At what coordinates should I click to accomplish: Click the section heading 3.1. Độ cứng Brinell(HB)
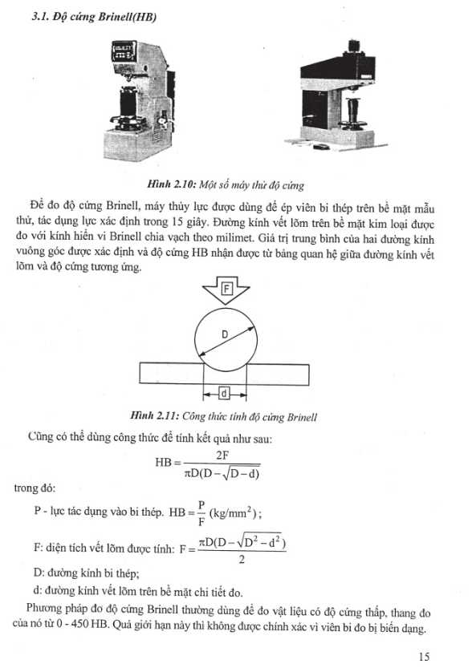(x=94, y=18)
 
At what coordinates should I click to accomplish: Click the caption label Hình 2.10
(x=171, y=185)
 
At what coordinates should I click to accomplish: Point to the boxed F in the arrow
(x=226, y=289)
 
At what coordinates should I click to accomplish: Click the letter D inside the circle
(x=225, y=335)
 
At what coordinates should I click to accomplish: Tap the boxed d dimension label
(x=224, y=394)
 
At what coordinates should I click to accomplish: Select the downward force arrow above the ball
(x=226, y=290)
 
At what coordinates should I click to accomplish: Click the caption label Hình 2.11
(x=154, y=416)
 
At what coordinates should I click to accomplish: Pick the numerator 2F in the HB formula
(x=222, y=455)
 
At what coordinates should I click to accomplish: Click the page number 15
(x=425, y=657)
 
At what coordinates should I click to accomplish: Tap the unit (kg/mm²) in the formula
(x=234, y=512)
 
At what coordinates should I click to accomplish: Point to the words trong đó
(x=35, y=488)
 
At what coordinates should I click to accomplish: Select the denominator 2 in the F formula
(x=242, y=560)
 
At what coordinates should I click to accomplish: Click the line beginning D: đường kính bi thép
(x=87, y=573)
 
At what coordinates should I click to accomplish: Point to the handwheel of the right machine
(x=353, y=125)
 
